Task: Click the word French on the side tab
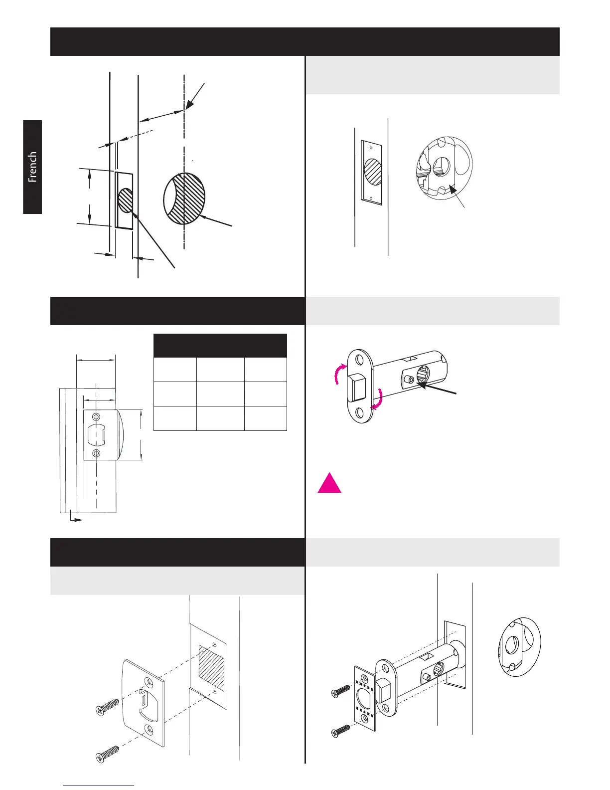32,167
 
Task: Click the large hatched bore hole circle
184,198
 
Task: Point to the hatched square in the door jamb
212,669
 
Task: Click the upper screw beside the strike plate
107,706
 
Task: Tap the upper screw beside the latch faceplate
341,691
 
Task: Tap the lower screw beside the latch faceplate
341,730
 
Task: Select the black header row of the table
220,346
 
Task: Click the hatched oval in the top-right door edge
372,173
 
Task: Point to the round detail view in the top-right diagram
444,165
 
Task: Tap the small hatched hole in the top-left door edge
126,200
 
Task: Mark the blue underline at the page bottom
99,786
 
